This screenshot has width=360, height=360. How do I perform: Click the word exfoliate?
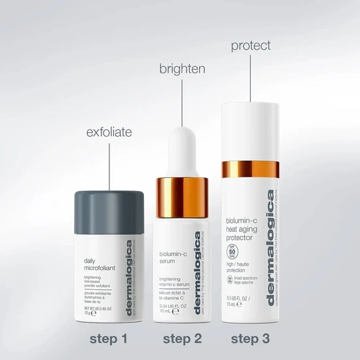109,132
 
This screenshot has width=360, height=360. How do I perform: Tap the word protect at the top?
251,46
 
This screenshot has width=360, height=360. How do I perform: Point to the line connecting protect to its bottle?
251,79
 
